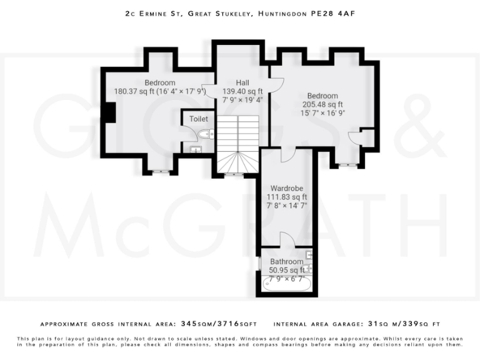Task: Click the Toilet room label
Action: pos(199,119)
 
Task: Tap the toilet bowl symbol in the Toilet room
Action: pos(206,133)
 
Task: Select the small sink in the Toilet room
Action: pos(196,149)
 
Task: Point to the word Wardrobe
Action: pos(287,188)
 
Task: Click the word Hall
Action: pos(242,82)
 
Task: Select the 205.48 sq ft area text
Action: pos(322,104)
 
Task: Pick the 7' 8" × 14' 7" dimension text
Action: pos(287,206)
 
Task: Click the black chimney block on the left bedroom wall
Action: pos(110,112)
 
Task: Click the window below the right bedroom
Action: pos(347,165)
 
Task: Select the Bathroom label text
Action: pos(287,262)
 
